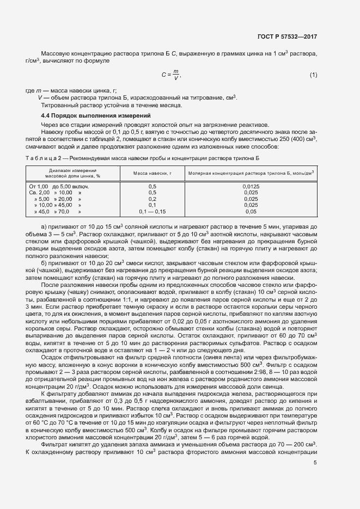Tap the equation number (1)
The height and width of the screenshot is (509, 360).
[x=313, y=75]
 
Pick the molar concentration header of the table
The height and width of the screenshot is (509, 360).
[x=251, y=173]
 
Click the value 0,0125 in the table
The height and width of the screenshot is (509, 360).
[x=251, y=187]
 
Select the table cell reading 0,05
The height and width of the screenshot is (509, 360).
[x=251, y=212]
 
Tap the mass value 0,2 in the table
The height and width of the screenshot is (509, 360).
[x=152, y=199]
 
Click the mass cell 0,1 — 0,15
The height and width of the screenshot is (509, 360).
[x=152, y=212]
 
